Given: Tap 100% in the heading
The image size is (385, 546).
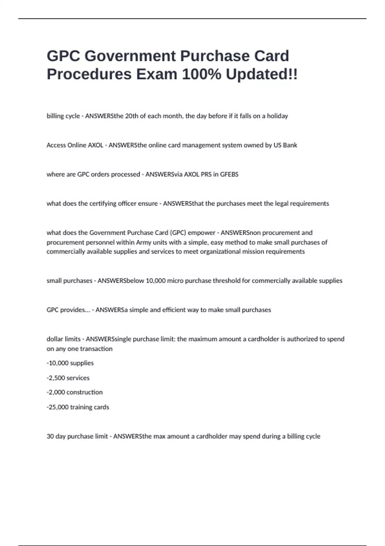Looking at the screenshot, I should click(201, 74).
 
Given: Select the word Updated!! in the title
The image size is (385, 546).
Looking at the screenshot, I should click(261, 74).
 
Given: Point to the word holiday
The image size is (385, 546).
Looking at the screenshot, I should click(277, 116).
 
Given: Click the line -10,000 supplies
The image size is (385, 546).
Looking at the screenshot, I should click(70, 363).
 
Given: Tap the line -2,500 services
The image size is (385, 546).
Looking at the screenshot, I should click(68, 378).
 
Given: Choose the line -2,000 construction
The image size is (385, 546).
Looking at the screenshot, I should click(75, 392).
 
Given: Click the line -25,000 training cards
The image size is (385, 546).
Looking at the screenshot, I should click(78, 407).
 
